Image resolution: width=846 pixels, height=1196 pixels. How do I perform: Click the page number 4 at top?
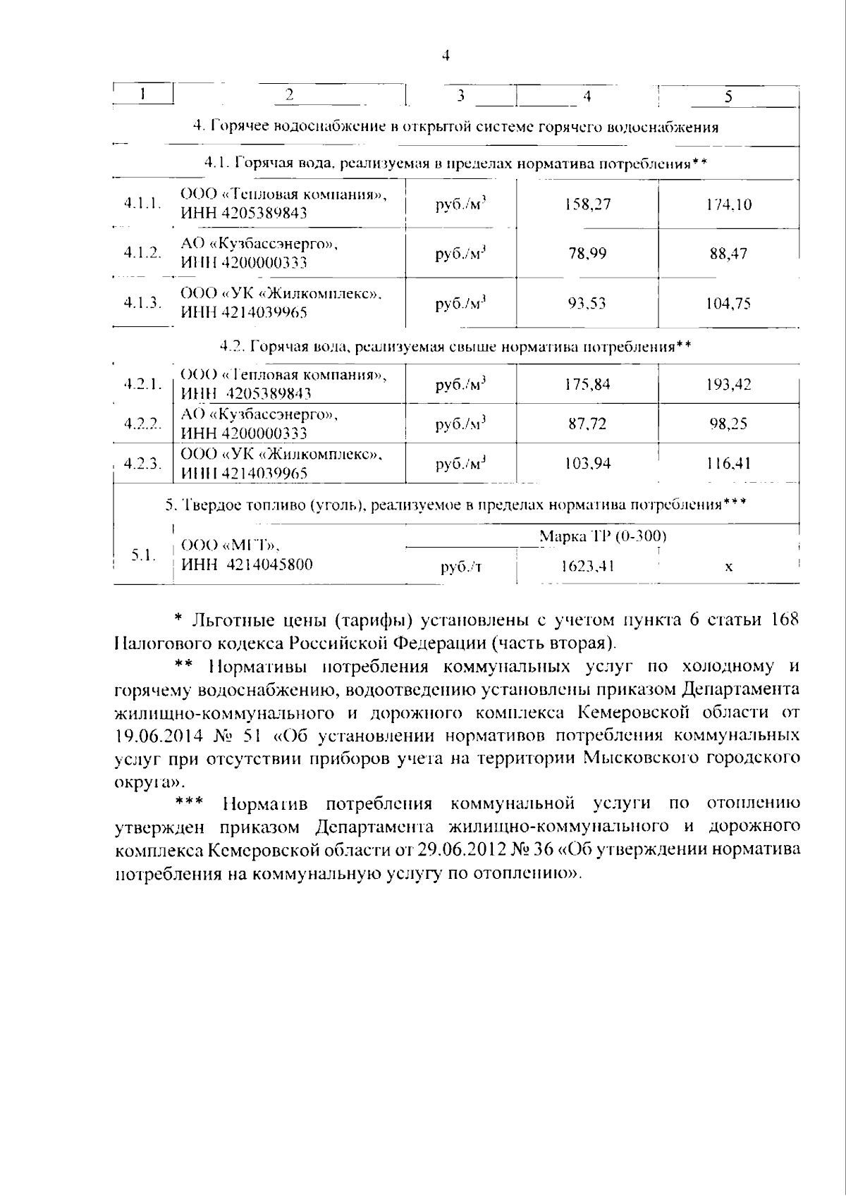click(445, 56)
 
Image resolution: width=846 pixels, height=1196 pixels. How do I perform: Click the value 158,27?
click(587, 204)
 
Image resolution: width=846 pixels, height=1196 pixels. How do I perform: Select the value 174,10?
click(729, 205)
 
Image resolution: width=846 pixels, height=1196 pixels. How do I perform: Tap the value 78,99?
click(587, 254)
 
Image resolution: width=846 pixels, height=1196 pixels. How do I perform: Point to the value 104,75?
click(728, 304)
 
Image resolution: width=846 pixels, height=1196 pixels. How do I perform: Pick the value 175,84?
click(587, 384)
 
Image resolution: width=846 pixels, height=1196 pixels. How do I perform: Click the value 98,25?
click(728, 424)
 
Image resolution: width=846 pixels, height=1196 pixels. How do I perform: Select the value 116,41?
click(728, 463)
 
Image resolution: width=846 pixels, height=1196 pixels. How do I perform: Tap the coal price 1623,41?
click(587, 566)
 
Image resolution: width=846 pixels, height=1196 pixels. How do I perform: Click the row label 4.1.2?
click(142, 253)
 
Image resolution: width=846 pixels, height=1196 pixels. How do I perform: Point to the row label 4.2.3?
click(142, 463)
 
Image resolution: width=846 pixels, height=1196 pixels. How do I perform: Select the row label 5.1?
click(143, 555)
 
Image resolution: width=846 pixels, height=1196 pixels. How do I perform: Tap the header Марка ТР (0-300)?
click(603, 536)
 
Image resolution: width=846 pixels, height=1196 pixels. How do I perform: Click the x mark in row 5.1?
click(728, 567)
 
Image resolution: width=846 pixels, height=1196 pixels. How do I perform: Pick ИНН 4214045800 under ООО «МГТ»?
click(247, 564)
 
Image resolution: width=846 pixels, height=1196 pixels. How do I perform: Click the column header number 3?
click(460, 95)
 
